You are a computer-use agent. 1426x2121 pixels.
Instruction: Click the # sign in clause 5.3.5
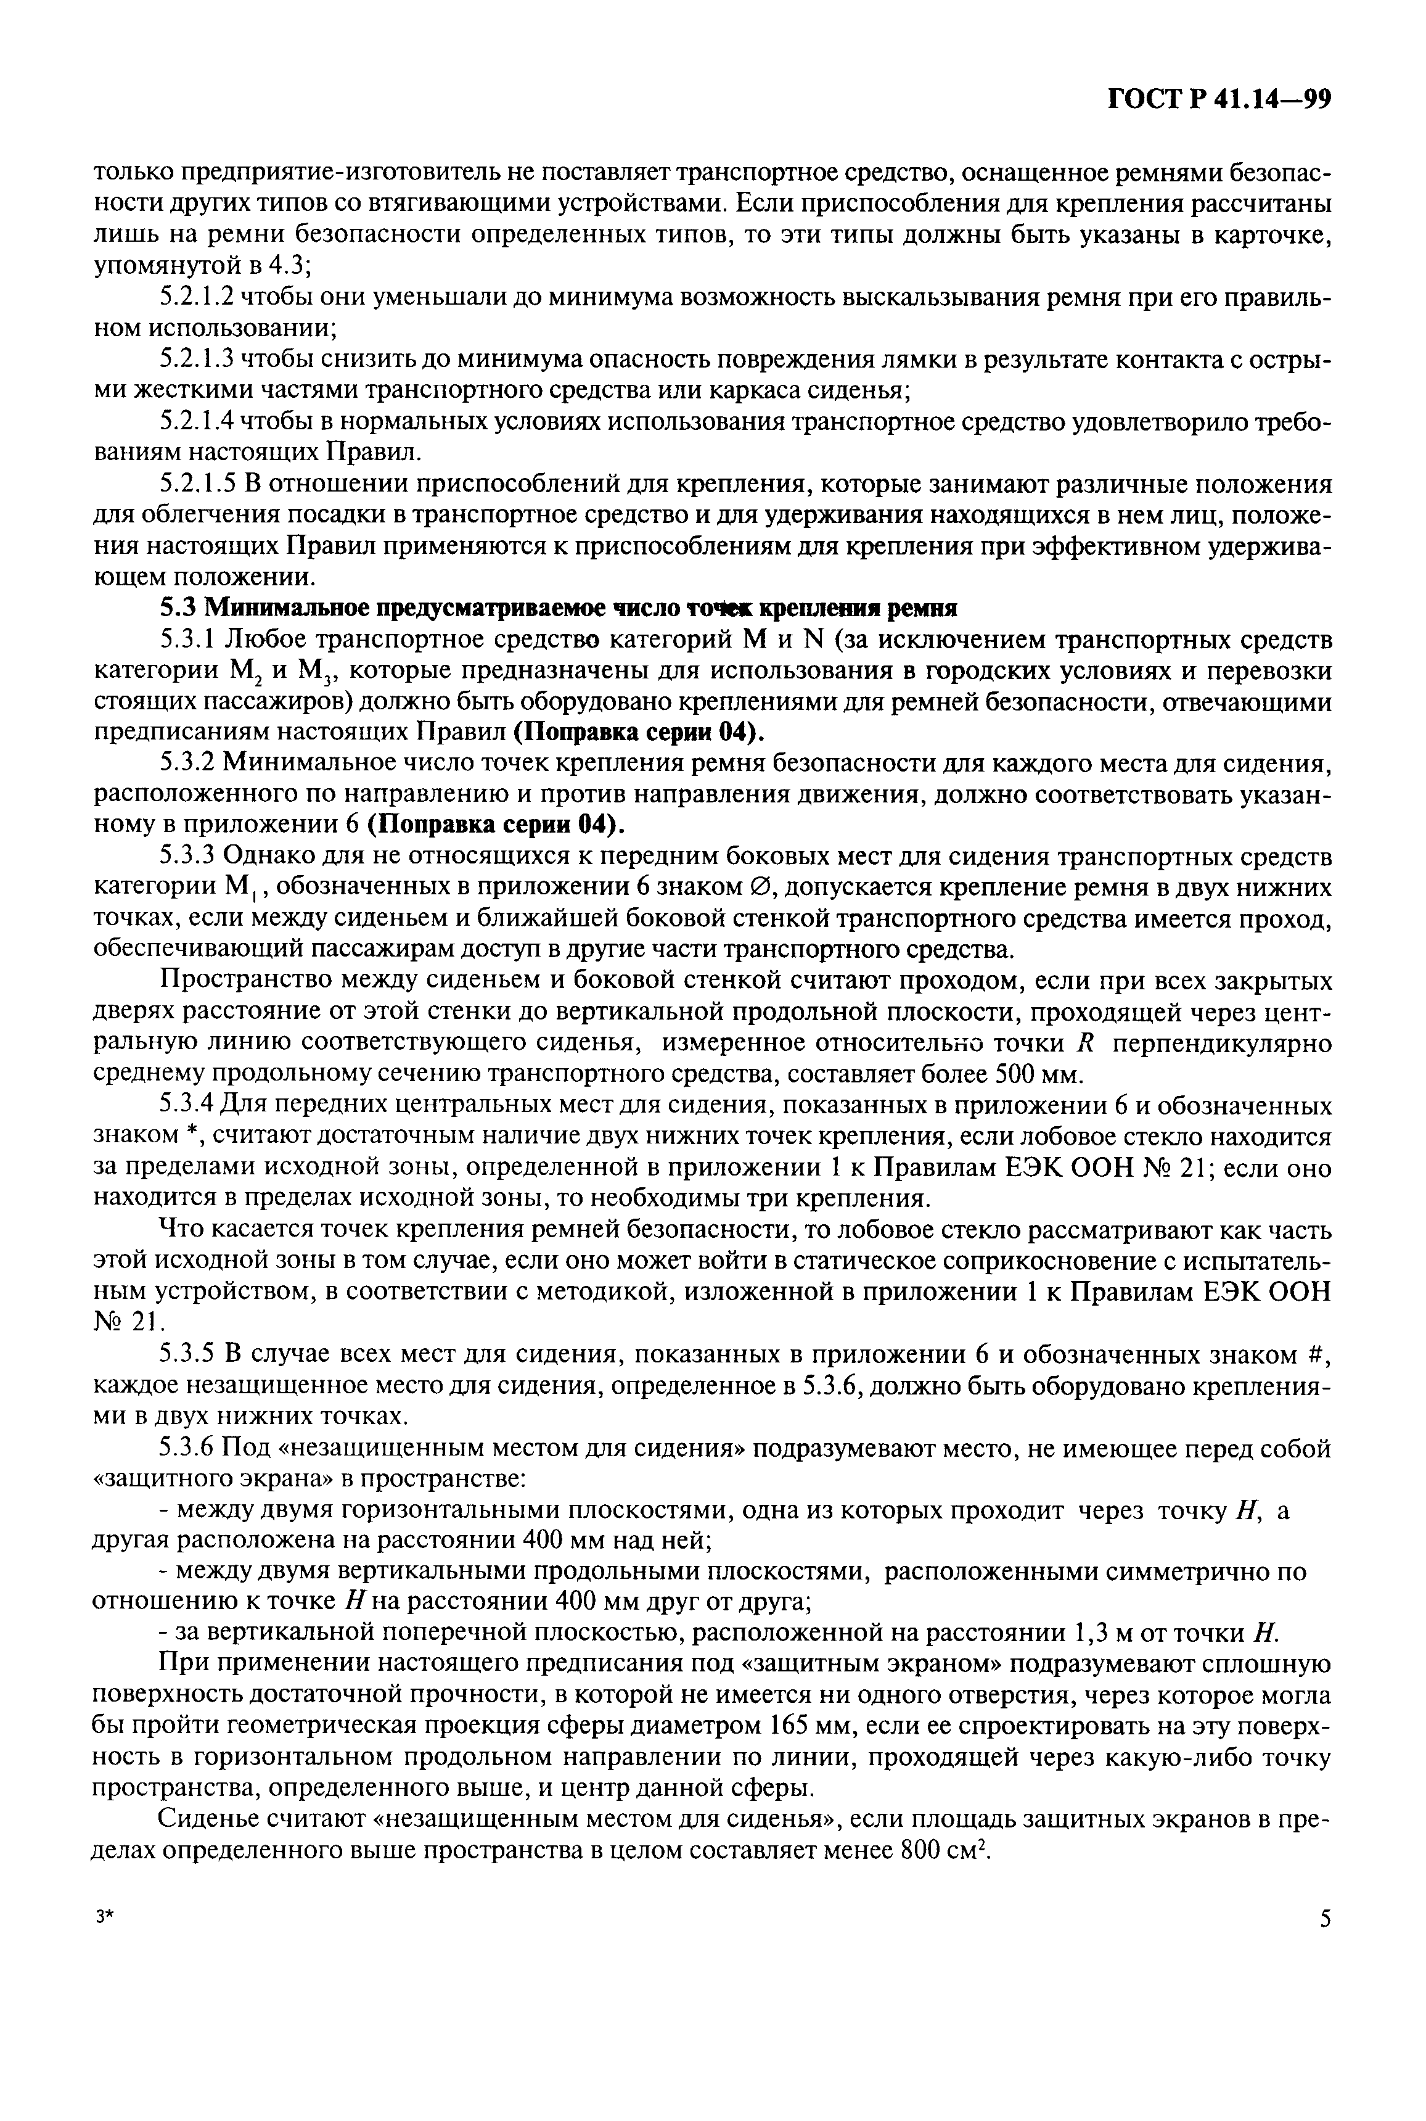pos(1322,1356)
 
